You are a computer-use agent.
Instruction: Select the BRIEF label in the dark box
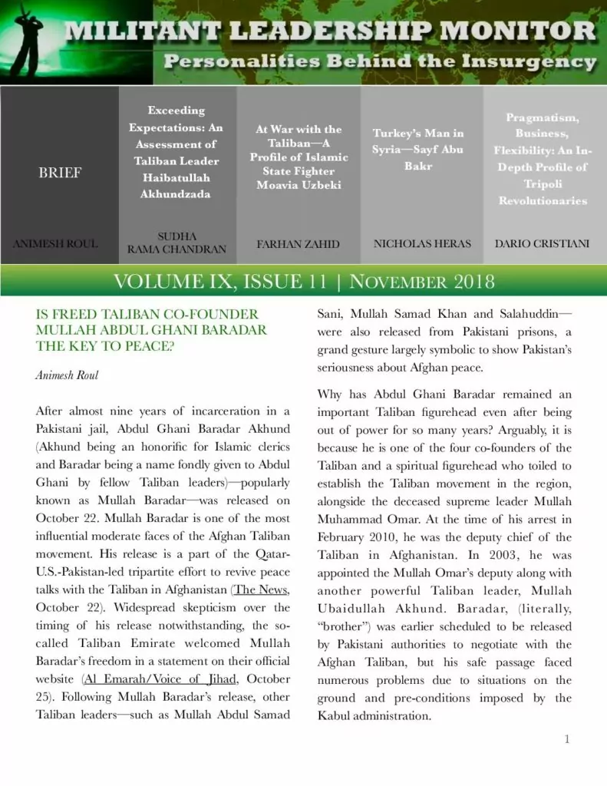[59, 173]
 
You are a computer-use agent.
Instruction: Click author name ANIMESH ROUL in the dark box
[55, 244]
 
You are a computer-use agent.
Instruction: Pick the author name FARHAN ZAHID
[298, 244]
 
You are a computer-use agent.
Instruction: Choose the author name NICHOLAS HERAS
[421, 243]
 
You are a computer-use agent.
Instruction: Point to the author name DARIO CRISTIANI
[542, 243]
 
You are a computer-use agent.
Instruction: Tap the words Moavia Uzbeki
[299, 185]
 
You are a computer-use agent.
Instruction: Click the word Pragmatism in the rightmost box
[542, 117]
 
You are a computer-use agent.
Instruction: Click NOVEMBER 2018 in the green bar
[422, 281]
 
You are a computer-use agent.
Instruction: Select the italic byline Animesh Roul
[67, 375]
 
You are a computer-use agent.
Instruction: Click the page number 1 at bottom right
[566, 739]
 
